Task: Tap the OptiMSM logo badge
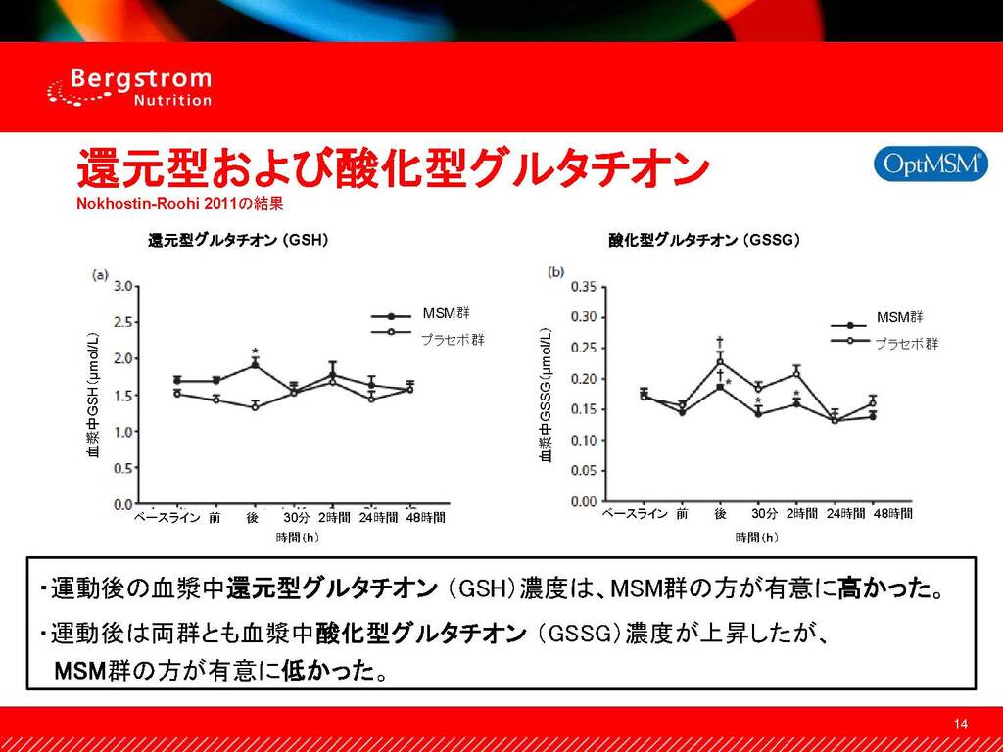click(930, 164)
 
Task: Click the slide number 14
click(960, 724)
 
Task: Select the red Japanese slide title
click(392, 169)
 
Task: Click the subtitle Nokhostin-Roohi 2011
click(180, 205)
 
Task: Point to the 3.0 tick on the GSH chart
click(123, 287)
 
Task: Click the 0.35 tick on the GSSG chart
click(583, 287)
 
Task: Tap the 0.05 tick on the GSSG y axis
click(583, 471)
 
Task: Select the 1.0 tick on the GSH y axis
click(123, 432)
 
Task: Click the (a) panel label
click(100, 275)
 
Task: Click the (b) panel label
click(556, 272)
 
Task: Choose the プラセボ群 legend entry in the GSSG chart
click(905, 343)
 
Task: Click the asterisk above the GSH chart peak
click(255, 352)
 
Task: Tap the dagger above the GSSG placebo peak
click(720, 342)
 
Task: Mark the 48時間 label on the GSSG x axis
click(892, 513)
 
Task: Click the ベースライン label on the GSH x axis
click(167, 517)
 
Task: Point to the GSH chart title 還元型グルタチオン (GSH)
click(236, 239)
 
